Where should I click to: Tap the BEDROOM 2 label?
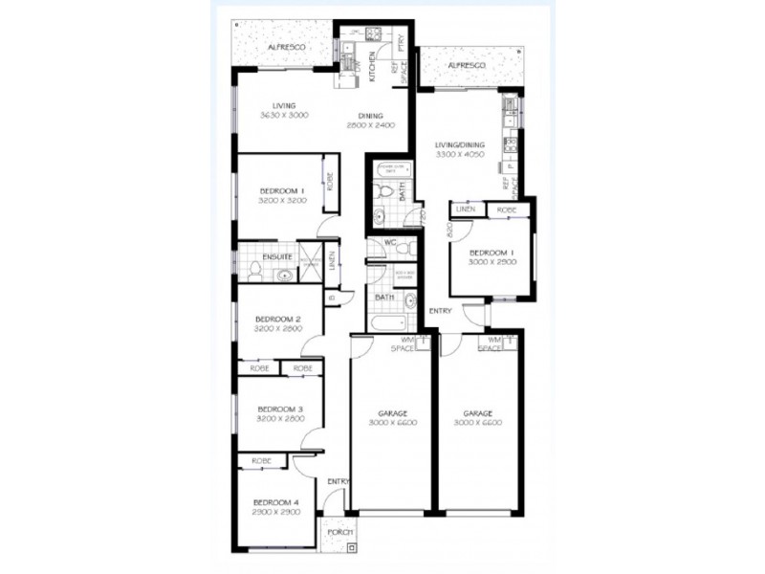[x=278, y=319]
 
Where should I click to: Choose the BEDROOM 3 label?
[x=278, y=408]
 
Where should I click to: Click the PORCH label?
[x=339, y=532]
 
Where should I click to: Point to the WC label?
[x=390, y=243]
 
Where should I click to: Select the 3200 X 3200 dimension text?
[x=280, y=202]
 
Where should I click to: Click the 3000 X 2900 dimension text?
[x=492, y=261]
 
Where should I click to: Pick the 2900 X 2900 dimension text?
[x=276, y=513]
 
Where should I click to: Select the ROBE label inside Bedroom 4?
[x=262, y=461]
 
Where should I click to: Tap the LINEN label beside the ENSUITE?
[x=331, y=260]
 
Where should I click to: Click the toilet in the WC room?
[x=405, y=249]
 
